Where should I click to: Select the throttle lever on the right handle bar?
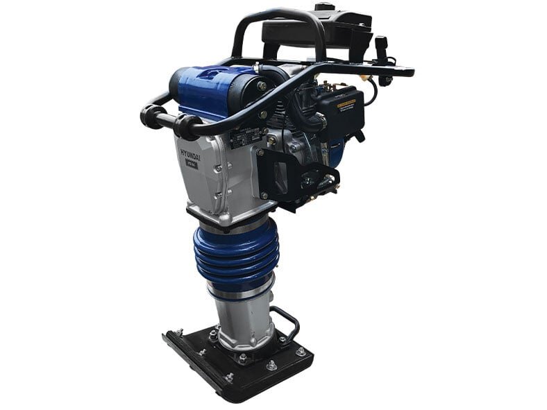(x=381, y=52)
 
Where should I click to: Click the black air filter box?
(x=340, y=114)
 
